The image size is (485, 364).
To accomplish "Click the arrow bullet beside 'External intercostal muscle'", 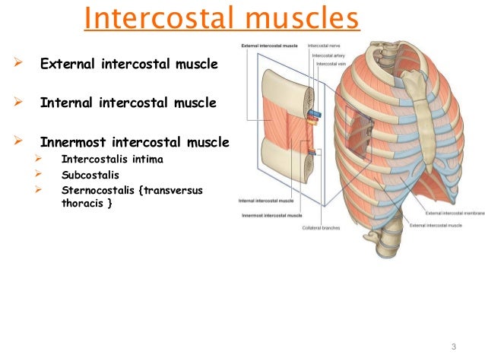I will [17, 65].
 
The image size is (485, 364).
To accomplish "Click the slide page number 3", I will [453, 347].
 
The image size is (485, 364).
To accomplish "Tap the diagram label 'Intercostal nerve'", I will [324, 46].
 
